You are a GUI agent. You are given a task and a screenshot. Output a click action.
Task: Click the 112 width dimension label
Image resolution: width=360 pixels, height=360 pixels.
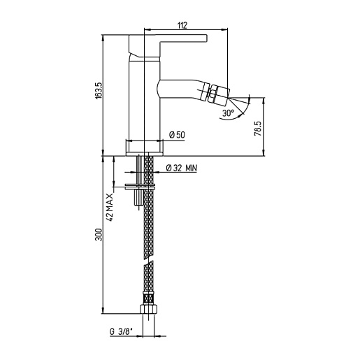(182, 25)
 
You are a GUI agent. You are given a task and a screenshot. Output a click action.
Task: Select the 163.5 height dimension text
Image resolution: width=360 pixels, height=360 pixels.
(99, 91)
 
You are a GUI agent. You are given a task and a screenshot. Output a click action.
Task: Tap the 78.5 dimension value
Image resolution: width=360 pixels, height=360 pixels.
(258, 129)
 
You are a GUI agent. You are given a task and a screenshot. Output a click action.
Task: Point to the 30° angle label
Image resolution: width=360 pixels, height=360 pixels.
(228, 113)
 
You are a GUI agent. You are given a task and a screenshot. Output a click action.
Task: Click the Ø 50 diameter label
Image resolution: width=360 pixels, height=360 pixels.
(177, 135)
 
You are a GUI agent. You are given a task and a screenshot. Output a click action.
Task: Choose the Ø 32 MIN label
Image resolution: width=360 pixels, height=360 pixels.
(182, 168)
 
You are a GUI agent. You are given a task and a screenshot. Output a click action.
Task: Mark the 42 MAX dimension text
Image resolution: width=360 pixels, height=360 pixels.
(110, 207)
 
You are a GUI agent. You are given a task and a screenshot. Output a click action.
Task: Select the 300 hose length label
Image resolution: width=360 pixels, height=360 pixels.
(99, 235)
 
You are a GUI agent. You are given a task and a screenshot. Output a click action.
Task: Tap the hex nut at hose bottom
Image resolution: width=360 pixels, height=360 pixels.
(149, 308)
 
